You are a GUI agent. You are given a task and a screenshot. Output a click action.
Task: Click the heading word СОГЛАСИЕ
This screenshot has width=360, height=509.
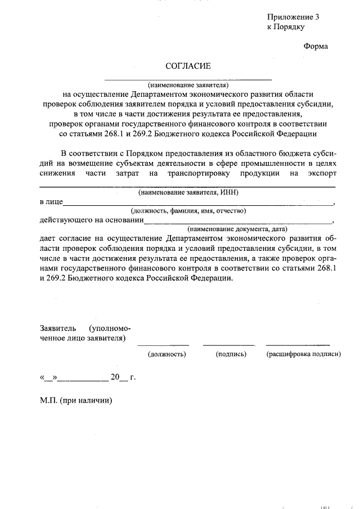point(188,66)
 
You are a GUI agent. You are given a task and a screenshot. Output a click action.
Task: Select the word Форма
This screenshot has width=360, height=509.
point(315,46)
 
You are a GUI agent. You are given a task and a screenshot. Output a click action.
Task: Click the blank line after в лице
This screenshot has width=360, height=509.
point(197,203)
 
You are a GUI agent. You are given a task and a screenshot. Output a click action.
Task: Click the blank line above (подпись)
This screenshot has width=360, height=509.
point(228,344)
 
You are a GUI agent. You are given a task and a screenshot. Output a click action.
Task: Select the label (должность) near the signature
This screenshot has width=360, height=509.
point(166,354)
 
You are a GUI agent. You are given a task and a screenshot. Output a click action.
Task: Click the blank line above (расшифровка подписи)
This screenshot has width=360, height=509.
point(298,344)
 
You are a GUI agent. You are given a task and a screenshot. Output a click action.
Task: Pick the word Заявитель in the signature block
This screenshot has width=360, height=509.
point(58,328)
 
